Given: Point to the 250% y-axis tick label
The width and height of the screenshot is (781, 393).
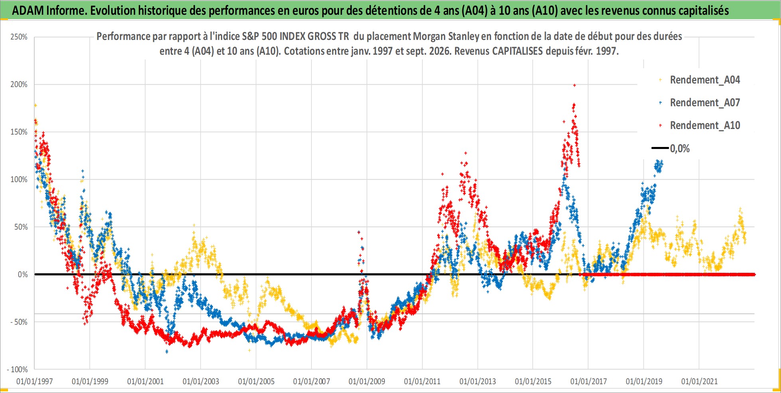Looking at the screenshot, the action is pyautogui.click(x=19, y=37).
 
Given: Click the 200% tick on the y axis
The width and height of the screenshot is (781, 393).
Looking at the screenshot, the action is pyautogui.click(x=19, y=85).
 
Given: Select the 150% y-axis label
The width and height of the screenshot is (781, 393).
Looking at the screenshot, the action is pyautogui.click(x=19, y=132).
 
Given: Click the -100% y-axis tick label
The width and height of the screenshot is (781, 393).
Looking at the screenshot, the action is pyautogui.click(x=17, y=369).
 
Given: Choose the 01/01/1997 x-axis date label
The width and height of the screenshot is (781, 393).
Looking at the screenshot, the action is pyautogui.click(x=35, y=381).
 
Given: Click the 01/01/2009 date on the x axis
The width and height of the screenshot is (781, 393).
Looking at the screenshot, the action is pyautogui.click(x=367, y=381).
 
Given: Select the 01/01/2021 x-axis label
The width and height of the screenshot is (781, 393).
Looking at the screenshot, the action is pyautogui.click(x=699, y=381).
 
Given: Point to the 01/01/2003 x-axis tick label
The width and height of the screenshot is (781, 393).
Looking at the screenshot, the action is pyautogui.click(x=201, y=381).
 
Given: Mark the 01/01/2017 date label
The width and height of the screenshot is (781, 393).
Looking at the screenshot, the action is pyautogui.click(x=588, y=381).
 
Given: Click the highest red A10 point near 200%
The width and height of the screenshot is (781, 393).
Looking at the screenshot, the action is pyautogui.click(x=574, y=85).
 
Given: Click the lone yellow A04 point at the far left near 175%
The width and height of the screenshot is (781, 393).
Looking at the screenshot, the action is pyautogui.click(x=35, y=105).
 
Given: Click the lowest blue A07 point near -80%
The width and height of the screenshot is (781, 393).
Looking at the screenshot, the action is pyautogui.click(x=167, y=351).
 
